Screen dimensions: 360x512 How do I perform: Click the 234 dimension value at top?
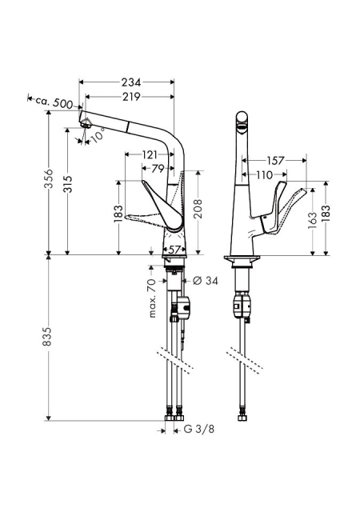click(131, 82)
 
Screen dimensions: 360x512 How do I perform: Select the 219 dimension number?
click(131, 97)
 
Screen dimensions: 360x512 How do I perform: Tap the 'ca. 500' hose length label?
click(54, 102)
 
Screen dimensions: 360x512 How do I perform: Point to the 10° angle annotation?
click(98, 135)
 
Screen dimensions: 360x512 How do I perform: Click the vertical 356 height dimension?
click(49, 178)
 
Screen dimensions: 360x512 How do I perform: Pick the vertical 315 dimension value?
click(68, 185)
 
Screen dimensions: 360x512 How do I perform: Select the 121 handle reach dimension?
click(150, 154)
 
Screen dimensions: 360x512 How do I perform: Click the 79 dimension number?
click(158, 169)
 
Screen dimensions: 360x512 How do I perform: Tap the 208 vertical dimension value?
click(198, 208)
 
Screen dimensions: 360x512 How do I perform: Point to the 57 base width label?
click(174, 250)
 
